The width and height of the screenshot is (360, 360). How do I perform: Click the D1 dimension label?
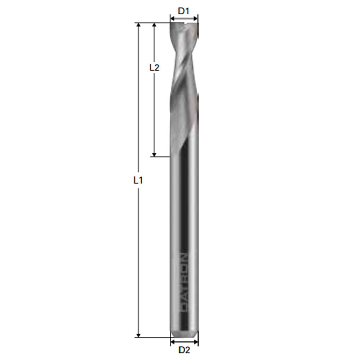click(184, 11)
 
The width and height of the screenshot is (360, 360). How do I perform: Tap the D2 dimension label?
click(184, 350)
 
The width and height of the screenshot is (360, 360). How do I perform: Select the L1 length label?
click(137, 181)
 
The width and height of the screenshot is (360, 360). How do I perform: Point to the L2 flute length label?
click(154, 67)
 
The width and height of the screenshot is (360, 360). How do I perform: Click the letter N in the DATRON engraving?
click(185, 256)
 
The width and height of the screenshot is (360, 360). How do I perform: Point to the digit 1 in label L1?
click(140, 181)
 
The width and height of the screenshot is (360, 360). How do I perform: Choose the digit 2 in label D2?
click(187, 350)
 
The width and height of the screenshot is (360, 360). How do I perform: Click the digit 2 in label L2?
click(156, 67)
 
